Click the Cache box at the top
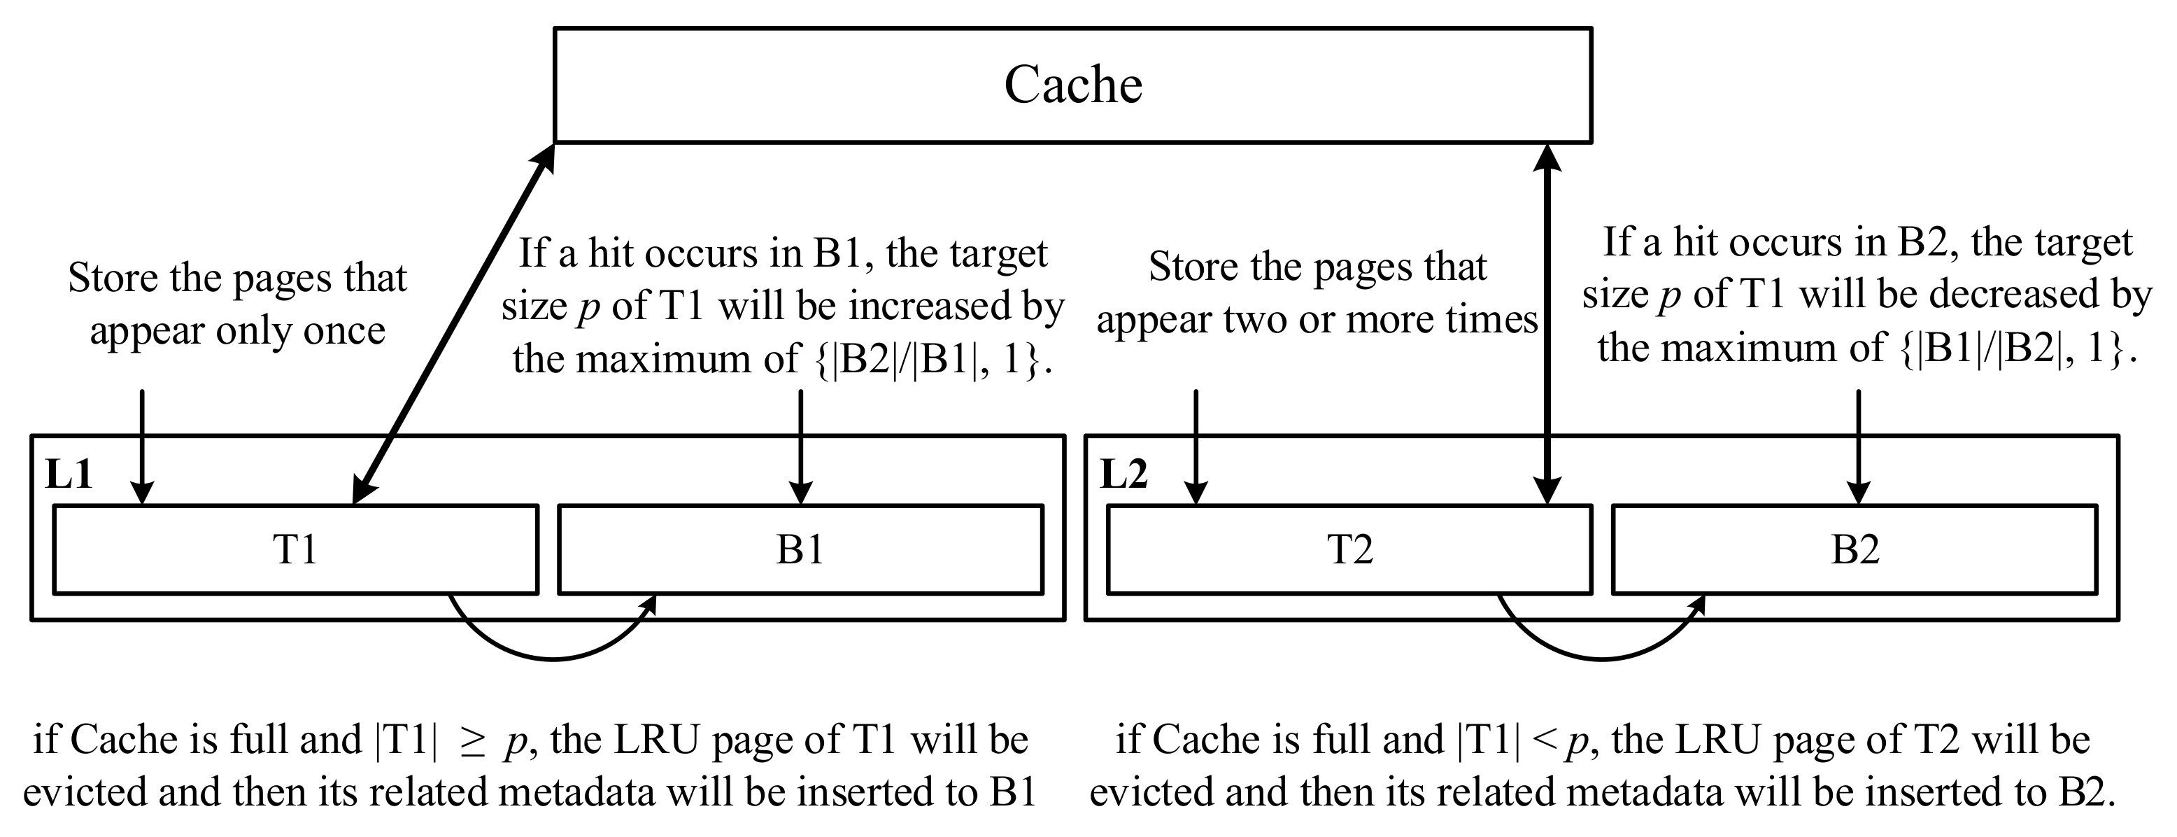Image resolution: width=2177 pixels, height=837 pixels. (1072, 85)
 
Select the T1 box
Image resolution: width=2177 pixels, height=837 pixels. (295, 549)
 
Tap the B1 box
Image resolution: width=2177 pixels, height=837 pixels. (800, 549)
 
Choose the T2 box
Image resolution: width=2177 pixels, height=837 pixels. (1349, 549)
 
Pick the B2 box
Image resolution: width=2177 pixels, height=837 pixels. (1855, 549)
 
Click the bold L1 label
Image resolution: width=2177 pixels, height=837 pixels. (69, 474)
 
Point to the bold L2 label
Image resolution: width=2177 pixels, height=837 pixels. (1124, 474)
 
